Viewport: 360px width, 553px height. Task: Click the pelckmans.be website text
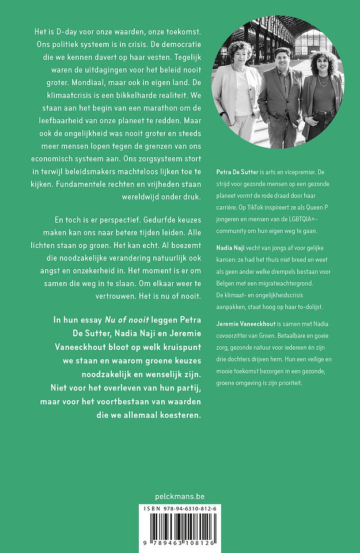(180, 496)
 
